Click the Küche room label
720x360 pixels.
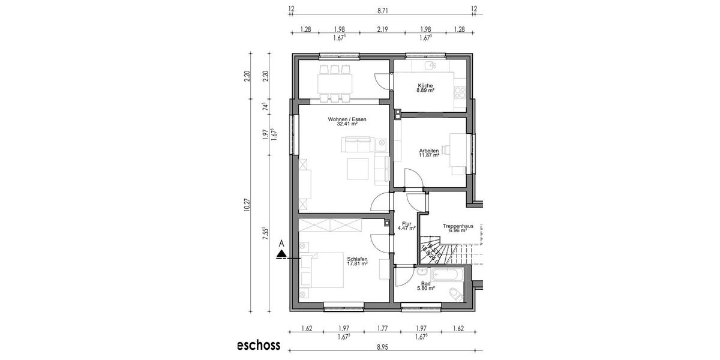(425, 86)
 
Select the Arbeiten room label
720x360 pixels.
(428, 150)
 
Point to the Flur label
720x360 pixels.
(406, 224)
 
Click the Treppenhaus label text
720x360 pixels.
(458, 226)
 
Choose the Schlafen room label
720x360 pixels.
(357, 259)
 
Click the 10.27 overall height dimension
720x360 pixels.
(247, 205)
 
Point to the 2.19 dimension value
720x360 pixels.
(383, 29)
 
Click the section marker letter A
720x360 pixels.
(281, 244)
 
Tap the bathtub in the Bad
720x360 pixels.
(448, 276)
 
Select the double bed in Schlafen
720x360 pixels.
(322, 271)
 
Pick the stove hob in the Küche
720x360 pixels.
(461, 92)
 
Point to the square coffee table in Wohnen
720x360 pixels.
(358, 169)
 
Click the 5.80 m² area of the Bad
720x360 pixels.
(426, 289)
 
